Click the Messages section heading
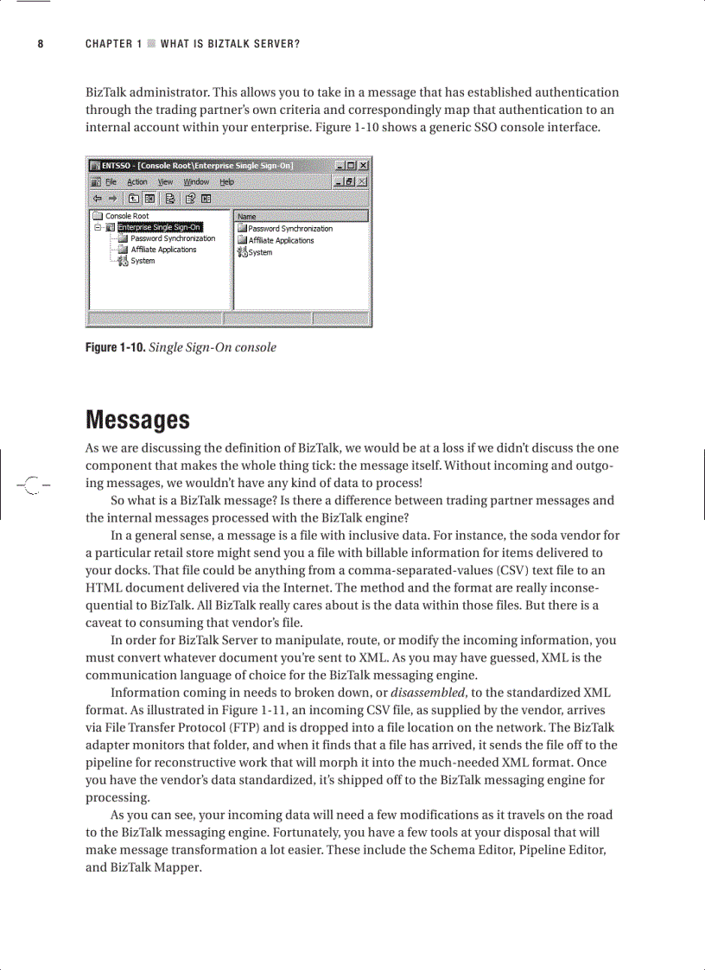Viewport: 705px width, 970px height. [137, 421]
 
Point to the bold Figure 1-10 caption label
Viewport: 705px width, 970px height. [115, 347]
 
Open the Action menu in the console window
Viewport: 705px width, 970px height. [137, 182]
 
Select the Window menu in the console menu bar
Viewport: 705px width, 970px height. [196, 182]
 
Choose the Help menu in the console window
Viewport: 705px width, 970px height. [226, 182]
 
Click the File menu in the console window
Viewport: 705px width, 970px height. [111, 182]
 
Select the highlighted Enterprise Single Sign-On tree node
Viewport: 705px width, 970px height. [159, 227]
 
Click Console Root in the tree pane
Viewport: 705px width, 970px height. [127, 216]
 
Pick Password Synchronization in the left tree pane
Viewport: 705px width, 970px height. [173, 238]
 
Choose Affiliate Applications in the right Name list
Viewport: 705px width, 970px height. [281, 241]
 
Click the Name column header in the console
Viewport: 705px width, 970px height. [247, 217]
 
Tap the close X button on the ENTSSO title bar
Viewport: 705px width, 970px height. [364, 166]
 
